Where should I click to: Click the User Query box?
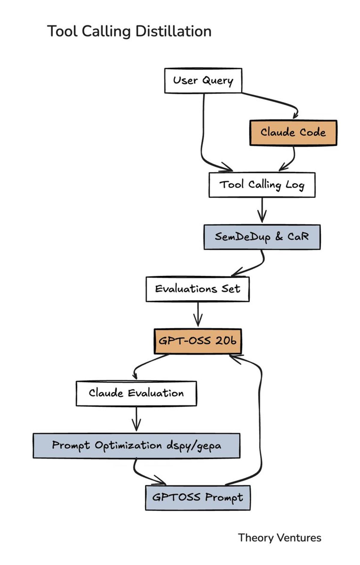pyautogui.click(x=203, y=80)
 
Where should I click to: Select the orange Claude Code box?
pyautogui.click(x=293, y=133)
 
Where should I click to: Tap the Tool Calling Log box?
pyautogui.click(x=262, y=185)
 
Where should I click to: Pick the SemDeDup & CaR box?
pyautogui.click(x=262, y=237)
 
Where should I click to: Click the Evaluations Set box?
pyautogui.click(x=197, y=289)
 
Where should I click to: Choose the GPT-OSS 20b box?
pyautogui.click(x=197, y=341)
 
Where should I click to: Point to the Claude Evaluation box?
pyautogui.click(x=136, y=393)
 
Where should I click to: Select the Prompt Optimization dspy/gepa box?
pyautogui.click(x=136, y=445)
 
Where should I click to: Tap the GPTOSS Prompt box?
pyautogui.click(x=197, y=498)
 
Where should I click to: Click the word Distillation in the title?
pyautogui.click(x=173, y=31)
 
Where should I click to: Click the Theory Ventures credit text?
pyautogui.click(x=279, y=538)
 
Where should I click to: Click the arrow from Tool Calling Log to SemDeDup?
pyautogui.click(x=262, y=210)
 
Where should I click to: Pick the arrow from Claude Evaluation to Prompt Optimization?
pyautogui.click(x=136, y=418)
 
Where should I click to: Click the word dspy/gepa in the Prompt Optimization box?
pyautogui.click(x=194, y=446)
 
